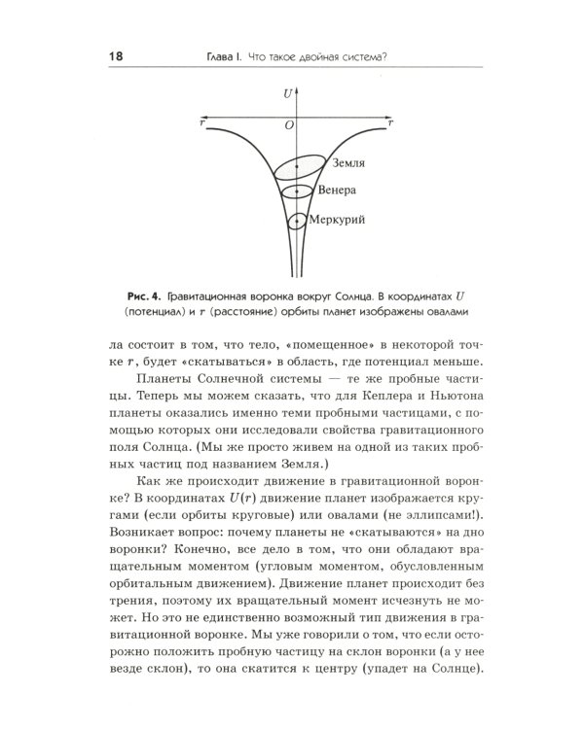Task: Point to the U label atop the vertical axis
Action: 288,93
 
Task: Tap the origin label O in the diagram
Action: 288,126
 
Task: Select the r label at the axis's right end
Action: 390,123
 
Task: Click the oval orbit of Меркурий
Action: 296,222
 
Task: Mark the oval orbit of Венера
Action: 296,191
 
